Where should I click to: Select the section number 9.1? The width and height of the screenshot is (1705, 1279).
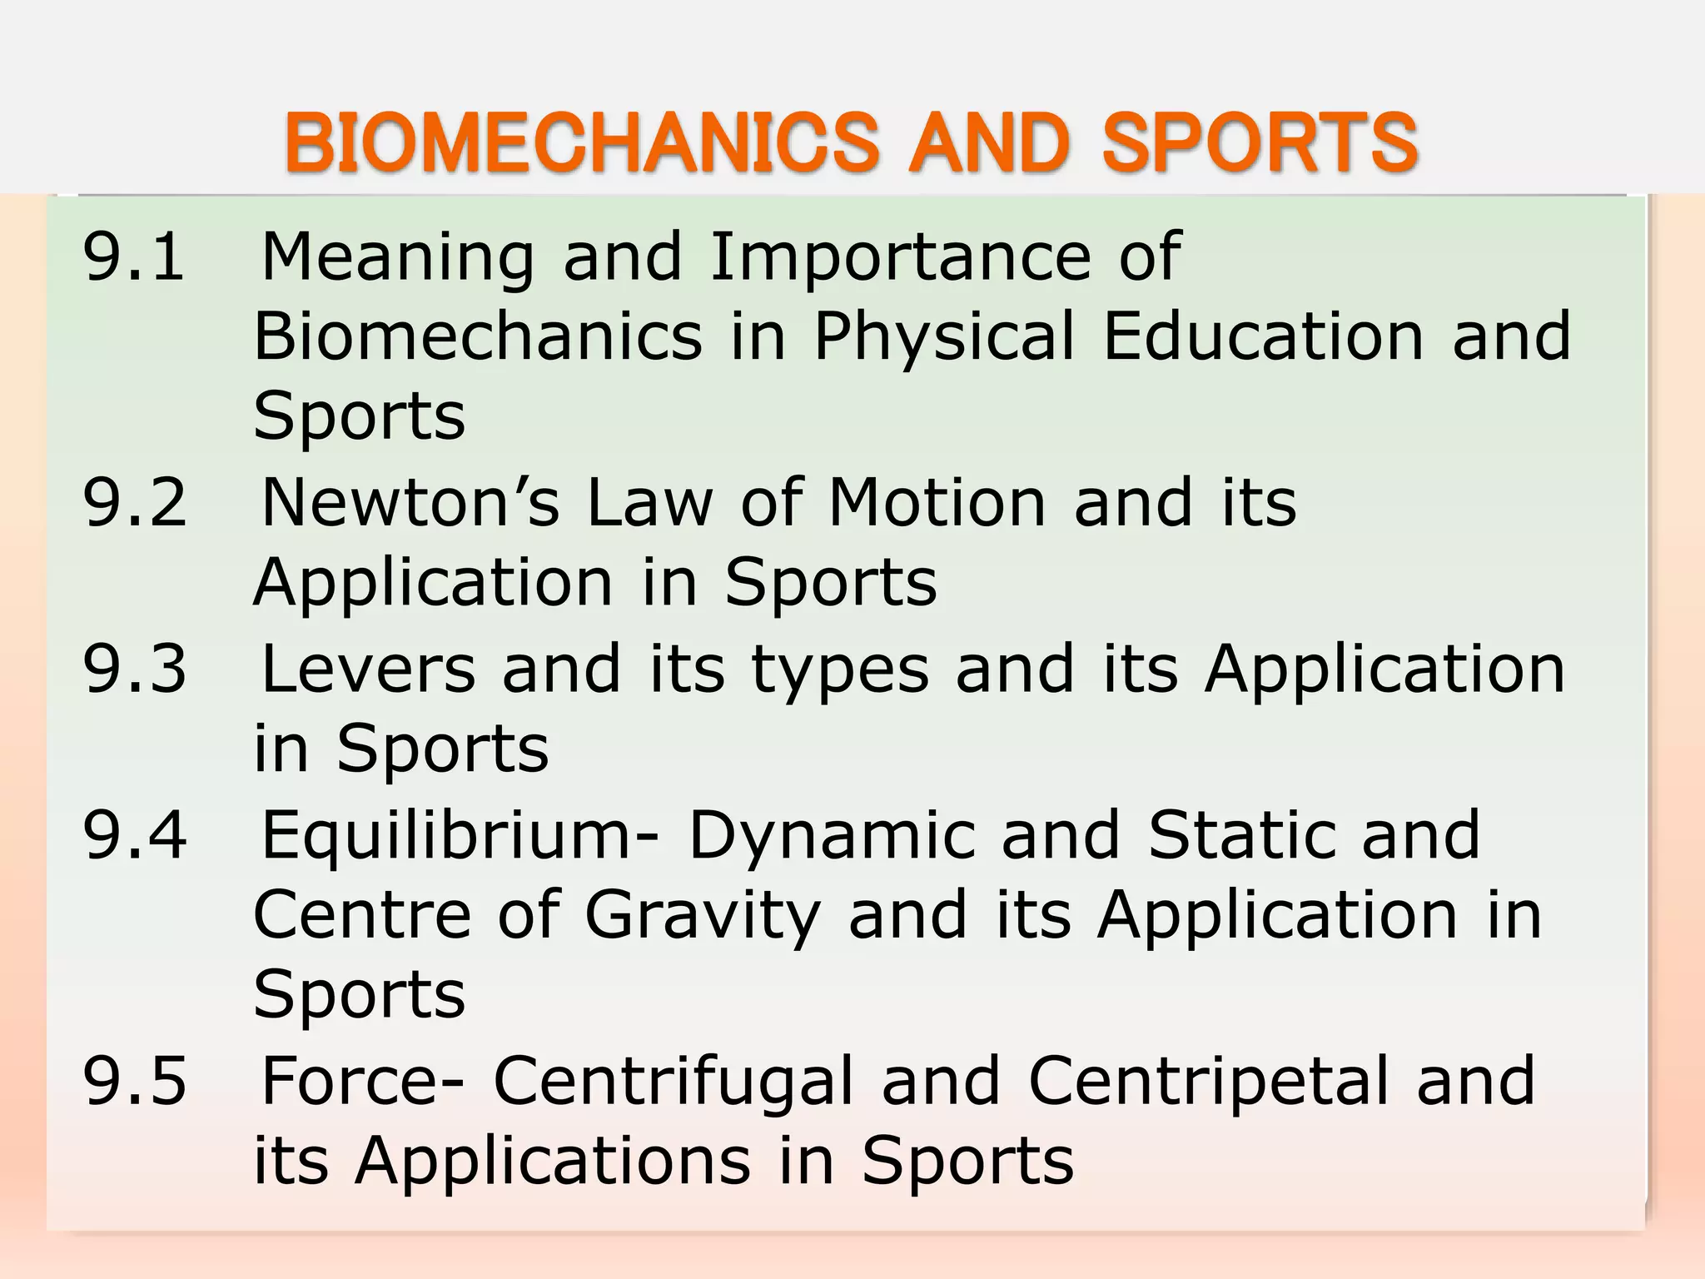point(134,256)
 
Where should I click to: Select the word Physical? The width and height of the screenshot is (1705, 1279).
point(944,337)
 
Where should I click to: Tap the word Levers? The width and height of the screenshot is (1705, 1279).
point(368,668)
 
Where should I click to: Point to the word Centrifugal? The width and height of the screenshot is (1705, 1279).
point(674,1082)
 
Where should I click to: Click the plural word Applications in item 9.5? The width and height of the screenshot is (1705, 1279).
point(553,1162)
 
